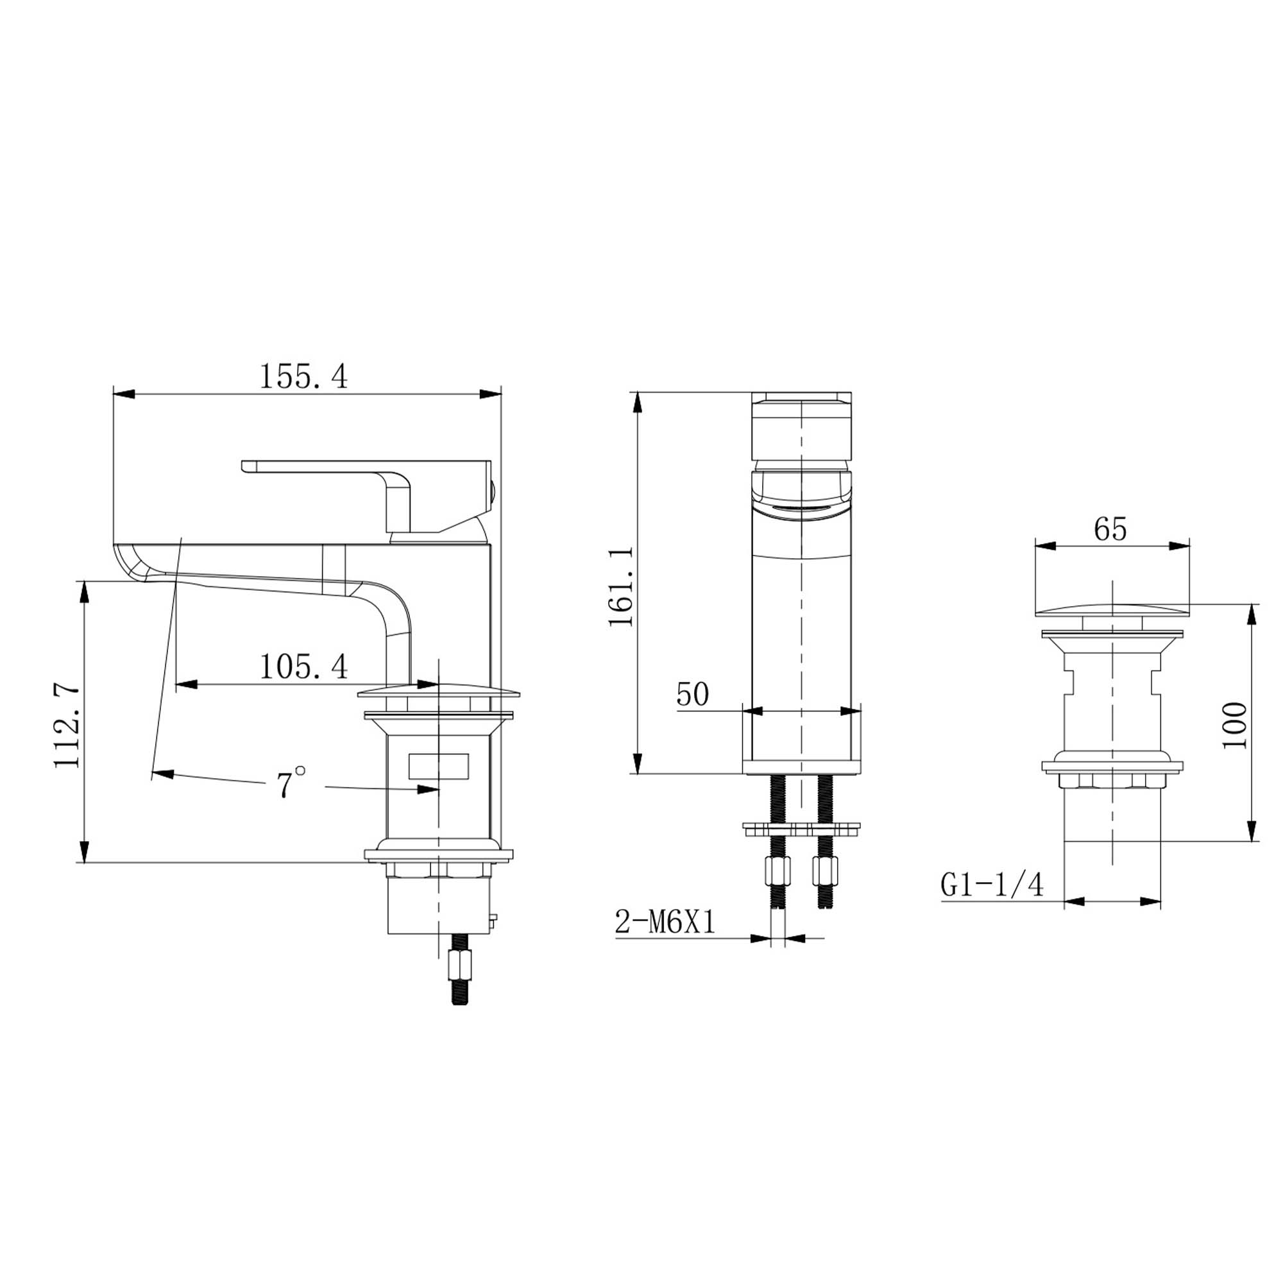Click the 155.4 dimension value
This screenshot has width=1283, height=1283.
(x=303, y=377)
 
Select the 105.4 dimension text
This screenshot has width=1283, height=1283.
(x=303, y=667)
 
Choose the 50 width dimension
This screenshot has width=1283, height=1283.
(x=693, y=695)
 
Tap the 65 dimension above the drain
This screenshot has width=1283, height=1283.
(x=1111, y=529)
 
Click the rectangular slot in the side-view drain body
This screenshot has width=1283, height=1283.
(x=439, y=767)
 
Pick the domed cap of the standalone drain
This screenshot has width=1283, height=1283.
(x=1112, y=608)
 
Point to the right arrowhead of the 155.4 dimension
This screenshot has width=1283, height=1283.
(x=491, y=395)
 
